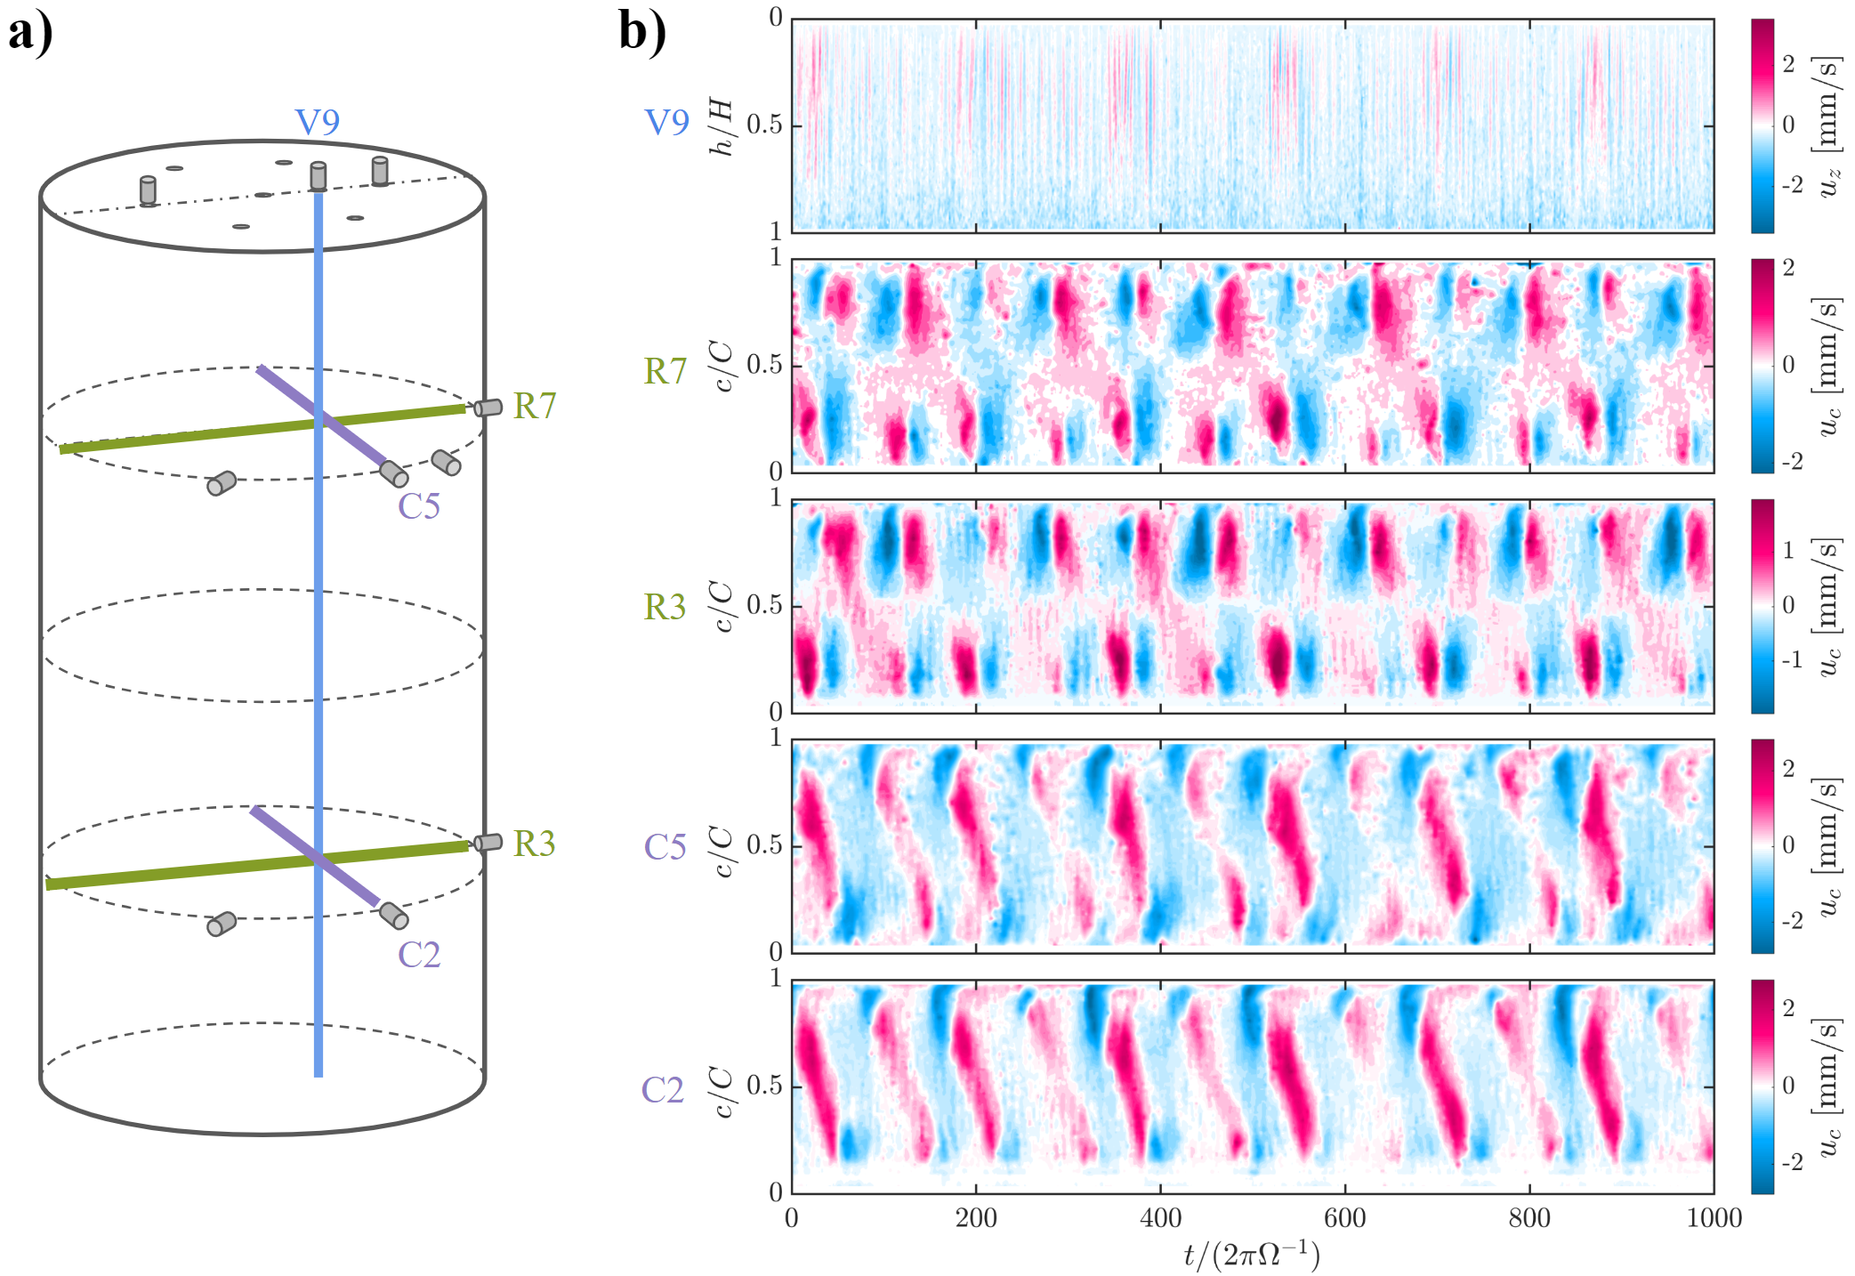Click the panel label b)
tap(641, 34)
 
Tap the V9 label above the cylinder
tap(318, 123)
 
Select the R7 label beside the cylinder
tap(535, 406)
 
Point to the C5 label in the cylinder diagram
tap(419, 506)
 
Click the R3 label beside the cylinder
tap(534, 844)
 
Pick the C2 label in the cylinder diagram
tap(419, 955)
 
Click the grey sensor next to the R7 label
tap(488, 408)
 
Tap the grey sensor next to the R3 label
tap(488, 842)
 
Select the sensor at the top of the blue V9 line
tap(318, 176)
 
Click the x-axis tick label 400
tap(1160, 1218)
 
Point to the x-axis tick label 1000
tap(1714, 1218)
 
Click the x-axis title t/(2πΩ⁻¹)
tap(1252, 1255)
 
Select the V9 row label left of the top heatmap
tap(666, 123)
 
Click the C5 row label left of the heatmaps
tap(665, 847)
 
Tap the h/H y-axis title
tap(722, 127)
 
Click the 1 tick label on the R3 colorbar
tap(1788, 550)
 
